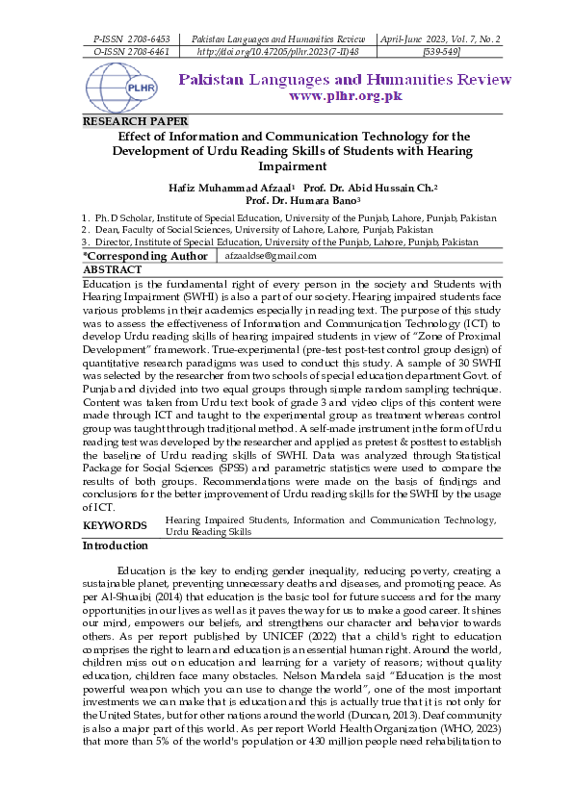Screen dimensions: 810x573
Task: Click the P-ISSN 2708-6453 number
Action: coord(130,38)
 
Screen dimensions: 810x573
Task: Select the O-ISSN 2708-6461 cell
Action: coord(130,52)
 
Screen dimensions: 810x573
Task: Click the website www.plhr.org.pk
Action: coord(344,95)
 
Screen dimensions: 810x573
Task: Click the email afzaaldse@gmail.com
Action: coord(271,256)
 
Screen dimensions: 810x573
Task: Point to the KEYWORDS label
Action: coord(115,525)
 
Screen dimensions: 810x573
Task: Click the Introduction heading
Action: coord(116,545)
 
